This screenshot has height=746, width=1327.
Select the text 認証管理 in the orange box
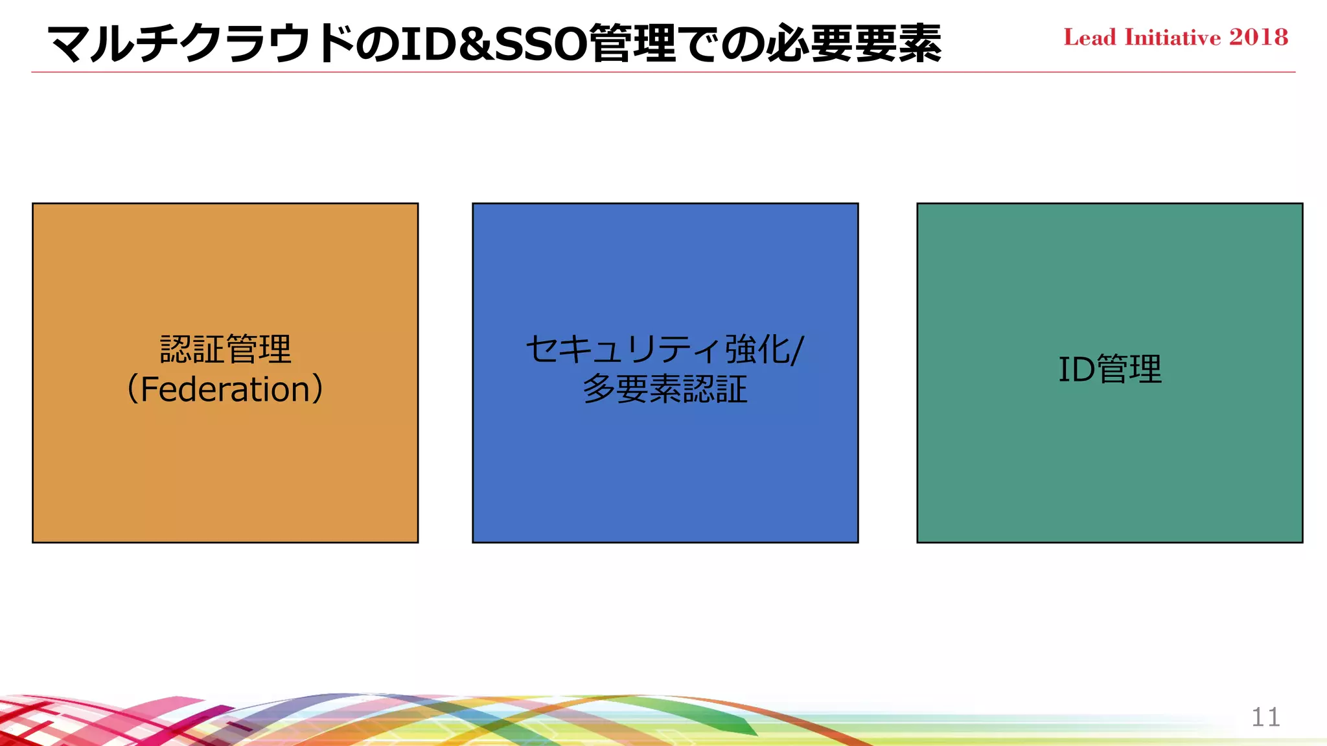(225, 350)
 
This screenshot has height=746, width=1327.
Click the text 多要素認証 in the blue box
(665, 390)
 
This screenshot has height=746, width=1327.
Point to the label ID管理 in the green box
(1110, 370)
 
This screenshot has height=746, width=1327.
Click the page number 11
(1265, 718)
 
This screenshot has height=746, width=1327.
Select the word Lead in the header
(1090, 38)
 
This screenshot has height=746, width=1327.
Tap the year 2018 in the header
(1259, 38)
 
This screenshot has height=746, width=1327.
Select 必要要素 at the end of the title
(854, 44)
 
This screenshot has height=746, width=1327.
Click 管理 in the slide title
(633, 44)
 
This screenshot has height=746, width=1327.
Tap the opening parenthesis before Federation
(132, 390)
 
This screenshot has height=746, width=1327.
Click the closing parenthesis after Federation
(318, 390)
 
